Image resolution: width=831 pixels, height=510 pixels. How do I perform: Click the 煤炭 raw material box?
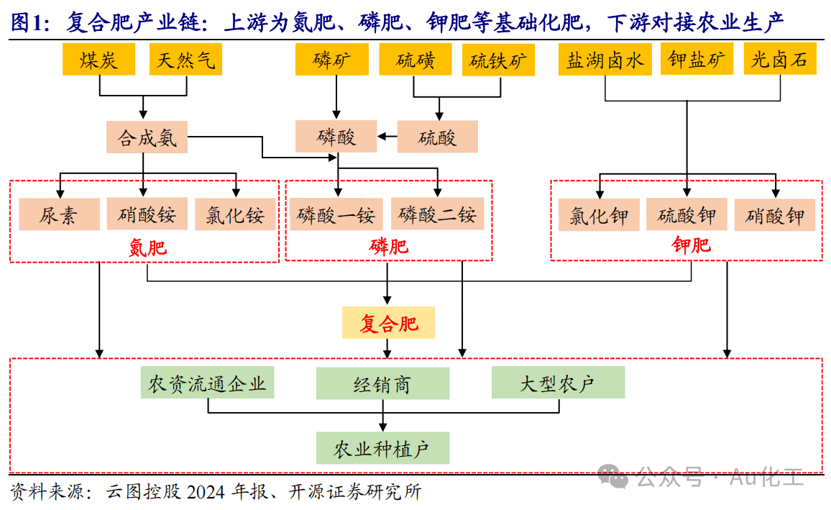[x=98, y=60]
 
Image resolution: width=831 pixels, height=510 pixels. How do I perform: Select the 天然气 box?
[x=185, y=60]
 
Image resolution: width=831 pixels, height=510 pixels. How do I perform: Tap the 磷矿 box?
[x=332, y=60]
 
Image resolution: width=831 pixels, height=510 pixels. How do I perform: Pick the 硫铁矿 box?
[x=498, y=60]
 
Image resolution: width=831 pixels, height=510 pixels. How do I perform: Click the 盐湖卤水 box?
[x=605, y=60]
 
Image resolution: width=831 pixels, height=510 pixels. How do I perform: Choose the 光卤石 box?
[x=779, y=59]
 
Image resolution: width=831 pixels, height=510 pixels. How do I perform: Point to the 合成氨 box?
[x=147, y=137]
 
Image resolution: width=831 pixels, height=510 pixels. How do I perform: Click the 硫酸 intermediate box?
[x=437, y=137]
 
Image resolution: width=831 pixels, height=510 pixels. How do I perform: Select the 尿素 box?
[x=60, y=214]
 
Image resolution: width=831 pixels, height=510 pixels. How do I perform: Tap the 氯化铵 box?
[x=235, y=214]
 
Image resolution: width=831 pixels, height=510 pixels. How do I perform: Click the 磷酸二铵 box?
[x=438, y=214]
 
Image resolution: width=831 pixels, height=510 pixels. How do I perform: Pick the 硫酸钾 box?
[x=687, y=214]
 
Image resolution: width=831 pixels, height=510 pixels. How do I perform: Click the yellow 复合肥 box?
[x=388, y=322]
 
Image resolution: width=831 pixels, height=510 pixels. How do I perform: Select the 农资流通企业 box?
[x=207, y=382]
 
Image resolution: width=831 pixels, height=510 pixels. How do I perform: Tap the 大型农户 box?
[x=558, y=382]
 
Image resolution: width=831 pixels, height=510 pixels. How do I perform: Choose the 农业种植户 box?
[x=382, y=448]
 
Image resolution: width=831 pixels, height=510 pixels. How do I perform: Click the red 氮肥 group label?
[x=148, y=247]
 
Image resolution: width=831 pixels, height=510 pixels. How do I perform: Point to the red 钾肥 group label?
[x=691, y=245]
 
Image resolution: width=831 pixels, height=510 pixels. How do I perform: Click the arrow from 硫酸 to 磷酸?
[x=387, y=137]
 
